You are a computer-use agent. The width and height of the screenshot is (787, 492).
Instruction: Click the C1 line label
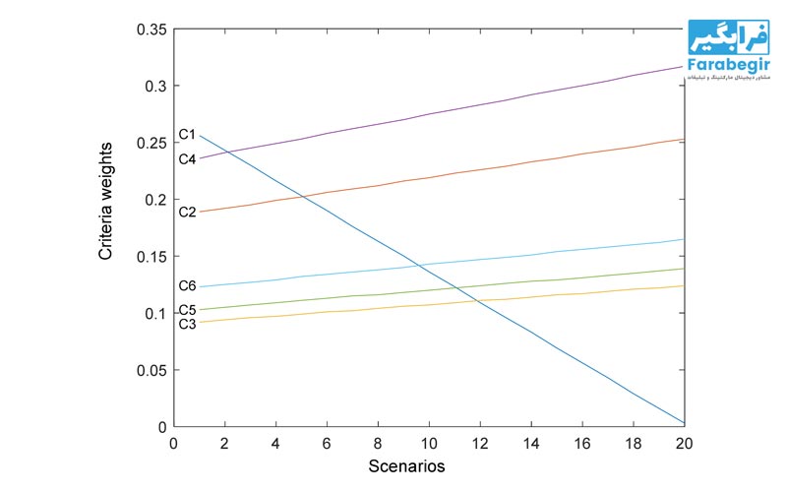click(187, 134)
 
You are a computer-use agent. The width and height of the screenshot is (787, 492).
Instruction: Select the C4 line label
click(187, 158)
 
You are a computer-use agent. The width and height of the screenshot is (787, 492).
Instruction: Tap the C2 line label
click(187, 212)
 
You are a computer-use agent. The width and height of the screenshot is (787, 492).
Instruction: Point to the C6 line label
click(187, 286)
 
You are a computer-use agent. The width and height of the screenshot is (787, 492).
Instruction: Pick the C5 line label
click(187, 310)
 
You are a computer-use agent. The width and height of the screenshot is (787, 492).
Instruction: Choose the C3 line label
click(187, 323)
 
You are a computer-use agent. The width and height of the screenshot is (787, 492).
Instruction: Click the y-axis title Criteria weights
click(106, 201)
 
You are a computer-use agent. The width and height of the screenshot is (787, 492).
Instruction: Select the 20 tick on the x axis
click(684, 443)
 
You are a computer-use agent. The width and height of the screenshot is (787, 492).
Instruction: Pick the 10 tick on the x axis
click(429, 443)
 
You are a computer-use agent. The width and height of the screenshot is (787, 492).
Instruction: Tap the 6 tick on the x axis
click(327, 443)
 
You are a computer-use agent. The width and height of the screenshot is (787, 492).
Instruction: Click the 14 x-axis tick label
click(531, 443)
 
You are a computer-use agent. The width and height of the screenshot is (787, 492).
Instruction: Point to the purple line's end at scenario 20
click(684, 66)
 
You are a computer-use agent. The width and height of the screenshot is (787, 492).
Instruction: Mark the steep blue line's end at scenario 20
click(684, 423)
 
